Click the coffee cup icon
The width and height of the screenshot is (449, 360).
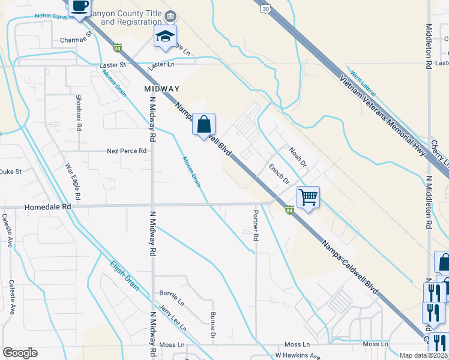[79, 7]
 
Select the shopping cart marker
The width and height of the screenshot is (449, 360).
[308, 197]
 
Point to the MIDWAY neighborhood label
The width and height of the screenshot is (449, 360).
[162, 89]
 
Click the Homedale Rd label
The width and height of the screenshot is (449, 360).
[47, 206]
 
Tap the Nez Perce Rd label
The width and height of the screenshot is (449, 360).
[127, 151]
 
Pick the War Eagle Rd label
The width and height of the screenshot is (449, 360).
[73, 181]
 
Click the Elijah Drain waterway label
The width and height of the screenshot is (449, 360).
[124, 275]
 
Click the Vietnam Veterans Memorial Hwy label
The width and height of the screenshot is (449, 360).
[382, 115]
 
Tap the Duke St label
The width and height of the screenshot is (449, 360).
[10, 171]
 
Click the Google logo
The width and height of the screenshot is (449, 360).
[20, 353]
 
